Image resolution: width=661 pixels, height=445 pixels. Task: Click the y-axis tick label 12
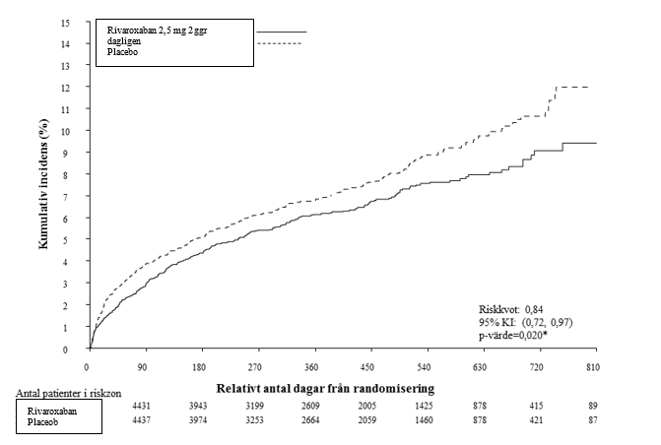click(65, 88)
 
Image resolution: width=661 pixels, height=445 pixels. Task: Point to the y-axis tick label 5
click(66, 240)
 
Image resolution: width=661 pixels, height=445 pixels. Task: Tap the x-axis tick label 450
click(367, 367)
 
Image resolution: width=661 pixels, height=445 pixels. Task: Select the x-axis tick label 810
click(593, 367)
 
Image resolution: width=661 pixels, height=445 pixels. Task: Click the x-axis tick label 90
click(143, 367)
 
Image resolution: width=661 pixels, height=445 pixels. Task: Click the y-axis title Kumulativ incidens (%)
click(43, 184)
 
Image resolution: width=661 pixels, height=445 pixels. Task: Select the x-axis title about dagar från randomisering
click(325, 388)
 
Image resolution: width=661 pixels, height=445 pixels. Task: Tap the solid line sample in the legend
click(282, 32)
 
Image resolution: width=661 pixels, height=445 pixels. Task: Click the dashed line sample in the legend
click(279, 43)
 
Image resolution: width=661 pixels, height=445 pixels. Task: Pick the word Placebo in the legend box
click(122, 52)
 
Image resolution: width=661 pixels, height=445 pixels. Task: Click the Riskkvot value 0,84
click(535, 309)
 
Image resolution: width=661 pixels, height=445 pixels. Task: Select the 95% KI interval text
click(525, 322)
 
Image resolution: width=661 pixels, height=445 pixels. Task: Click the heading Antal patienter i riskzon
click(69, 393)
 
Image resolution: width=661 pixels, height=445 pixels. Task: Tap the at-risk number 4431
click(141, 407)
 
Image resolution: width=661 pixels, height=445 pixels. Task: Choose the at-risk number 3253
click(254, 420)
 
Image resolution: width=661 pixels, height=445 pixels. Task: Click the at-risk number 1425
click(424, 407)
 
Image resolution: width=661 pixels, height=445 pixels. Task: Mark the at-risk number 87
click(593, 420)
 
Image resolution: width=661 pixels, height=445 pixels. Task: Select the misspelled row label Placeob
click(42, 421)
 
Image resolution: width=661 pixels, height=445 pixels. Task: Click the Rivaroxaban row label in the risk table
click(52, 411)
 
